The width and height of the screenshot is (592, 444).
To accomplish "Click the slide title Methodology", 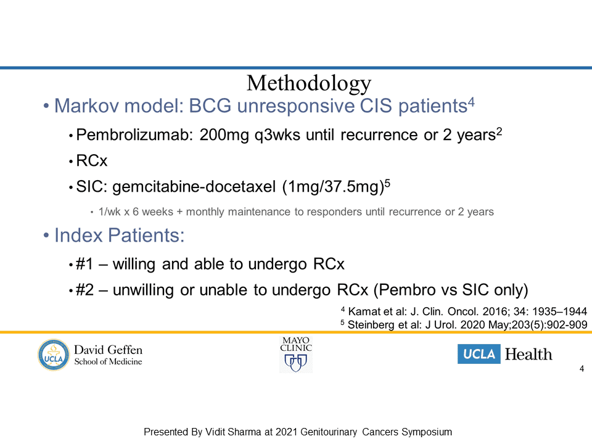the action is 309,83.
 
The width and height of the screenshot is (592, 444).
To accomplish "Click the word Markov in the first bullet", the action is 86,105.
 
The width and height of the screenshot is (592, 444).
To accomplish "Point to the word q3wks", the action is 277,135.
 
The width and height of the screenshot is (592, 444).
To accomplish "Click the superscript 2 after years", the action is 499,131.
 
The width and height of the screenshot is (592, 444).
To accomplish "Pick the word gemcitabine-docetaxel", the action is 194,187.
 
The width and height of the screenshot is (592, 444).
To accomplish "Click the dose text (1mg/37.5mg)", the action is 333,187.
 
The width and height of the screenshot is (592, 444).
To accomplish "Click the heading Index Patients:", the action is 119,235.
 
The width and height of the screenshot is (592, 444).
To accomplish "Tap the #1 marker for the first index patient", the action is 84,264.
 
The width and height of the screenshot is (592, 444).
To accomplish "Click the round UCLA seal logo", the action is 54,355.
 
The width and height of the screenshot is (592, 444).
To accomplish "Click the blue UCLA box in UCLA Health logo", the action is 479,354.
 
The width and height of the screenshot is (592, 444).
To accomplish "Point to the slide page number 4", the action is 582,369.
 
